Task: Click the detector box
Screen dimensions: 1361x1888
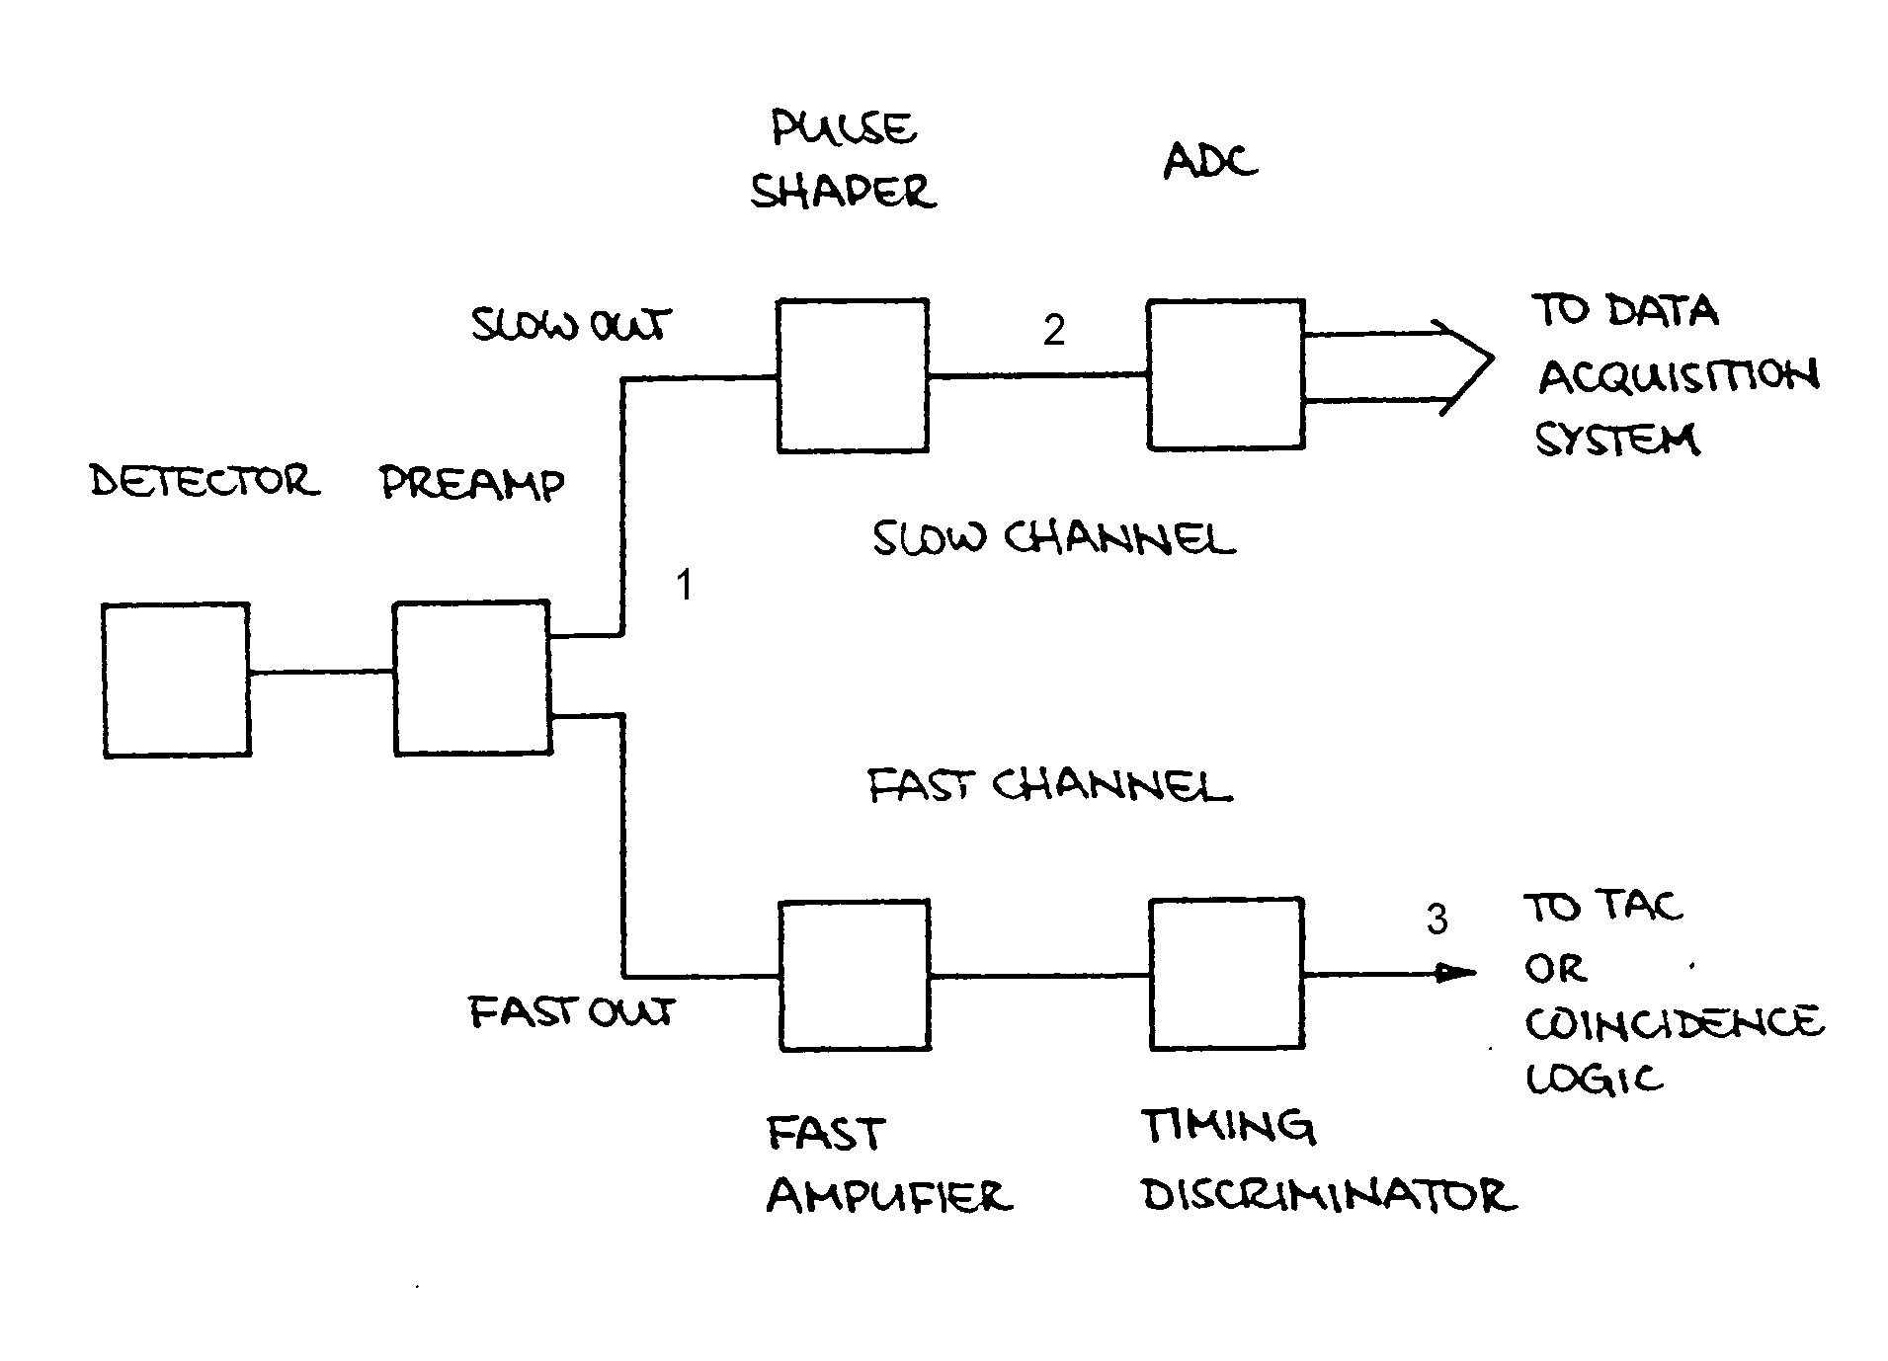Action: (176, 680)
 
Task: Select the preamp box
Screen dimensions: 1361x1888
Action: (471, 678)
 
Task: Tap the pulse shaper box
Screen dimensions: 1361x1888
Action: (852, 375)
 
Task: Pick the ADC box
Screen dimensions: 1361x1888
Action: (1224, 374)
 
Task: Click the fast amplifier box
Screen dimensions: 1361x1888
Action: (854, 975)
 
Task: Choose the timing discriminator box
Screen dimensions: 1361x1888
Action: (1225, 974)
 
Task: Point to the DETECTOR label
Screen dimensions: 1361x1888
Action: (205, 481)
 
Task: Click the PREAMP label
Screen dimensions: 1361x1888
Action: (471, 483)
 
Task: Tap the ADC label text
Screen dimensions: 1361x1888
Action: (1210, 161)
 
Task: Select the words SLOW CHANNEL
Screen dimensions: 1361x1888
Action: (1053, 538)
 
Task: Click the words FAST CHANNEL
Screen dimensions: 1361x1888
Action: (1049, 787)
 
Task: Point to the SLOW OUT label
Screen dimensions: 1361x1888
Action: (570, 324)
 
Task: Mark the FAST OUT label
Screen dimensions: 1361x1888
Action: (570, 1012)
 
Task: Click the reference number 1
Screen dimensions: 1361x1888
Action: (684, 586)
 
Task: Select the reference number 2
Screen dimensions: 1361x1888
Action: (1054, 330)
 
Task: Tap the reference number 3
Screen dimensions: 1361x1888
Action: (1437, 921)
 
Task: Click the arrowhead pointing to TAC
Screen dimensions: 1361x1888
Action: (1456, 974)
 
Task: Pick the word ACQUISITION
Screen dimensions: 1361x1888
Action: (1678, 376)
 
